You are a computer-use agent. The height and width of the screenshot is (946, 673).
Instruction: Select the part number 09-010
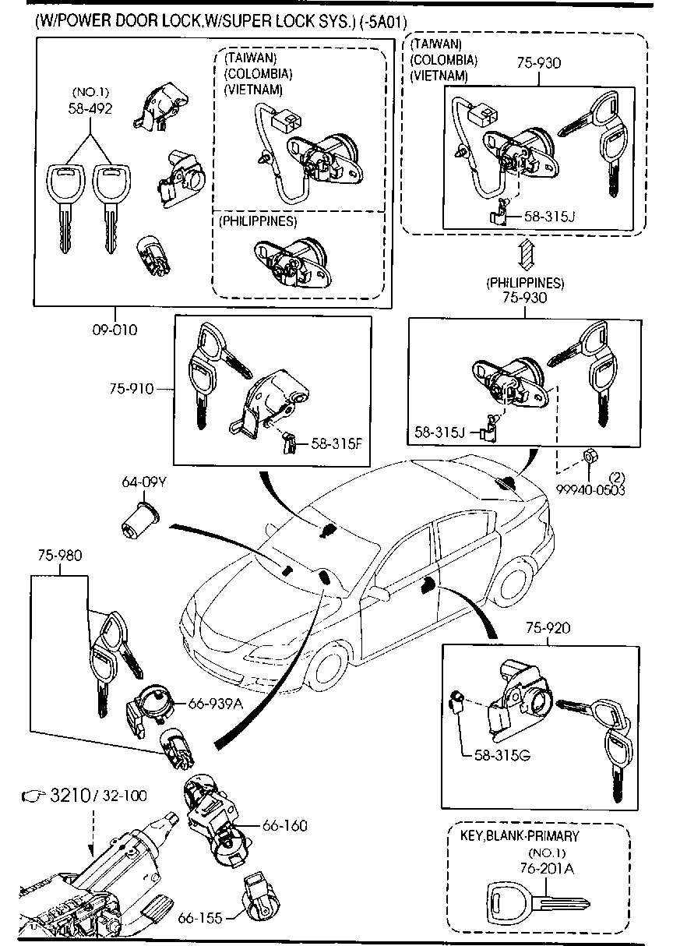(115, 330)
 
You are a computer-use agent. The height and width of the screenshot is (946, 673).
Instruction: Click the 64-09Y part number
(144, 482)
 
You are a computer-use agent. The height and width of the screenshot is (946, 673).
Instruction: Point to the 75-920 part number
(544, 628)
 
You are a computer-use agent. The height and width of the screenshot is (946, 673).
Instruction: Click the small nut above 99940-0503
(590, 454)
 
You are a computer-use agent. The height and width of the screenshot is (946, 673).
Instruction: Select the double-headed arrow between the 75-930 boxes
(527, 255)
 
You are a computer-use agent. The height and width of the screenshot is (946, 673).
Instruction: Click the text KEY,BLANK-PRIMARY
(520, 836)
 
